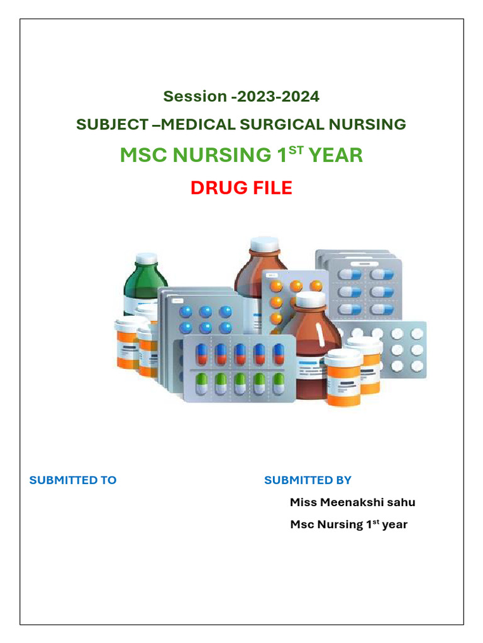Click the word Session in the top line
click(x=195, y=97)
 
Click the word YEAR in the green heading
click(x=335, y=155)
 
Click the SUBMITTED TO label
click(x=73, y=480)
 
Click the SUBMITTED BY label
click(x=308, y=480)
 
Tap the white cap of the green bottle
click(x=146, y=258)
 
